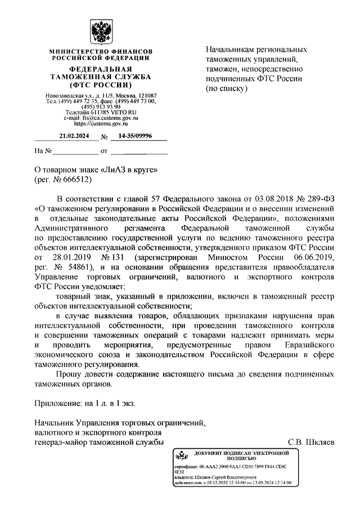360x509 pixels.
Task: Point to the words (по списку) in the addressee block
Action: [x=226, y=88]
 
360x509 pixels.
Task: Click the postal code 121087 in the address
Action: [x=145, y=96]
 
